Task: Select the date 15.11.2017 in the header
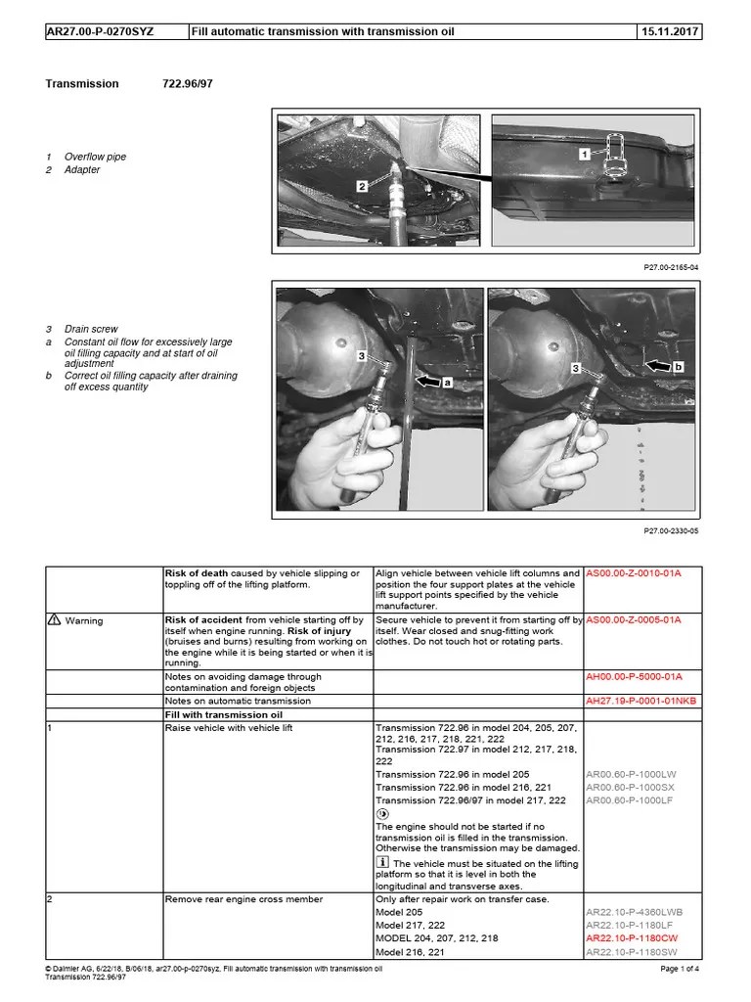tap(670, 32)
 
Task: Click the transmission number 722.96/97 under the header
tap(187, 84)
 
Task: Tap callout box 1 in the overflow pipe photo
tap(583, 154)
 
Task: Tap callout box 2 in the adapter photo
tap(362, 184)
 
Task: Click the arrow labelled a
tap(433, 384)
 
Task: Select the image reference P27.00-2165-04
tap(672, 266)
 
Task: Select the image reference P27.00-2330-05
tap(672, 530)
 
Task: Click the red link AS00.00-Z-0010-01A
tap(633, 573)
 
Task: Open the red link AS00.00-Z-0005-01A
tap(633, 620)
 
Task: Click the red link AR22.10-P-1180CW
tap(633, 937)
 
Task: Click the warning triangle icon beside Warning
tap(54, 620)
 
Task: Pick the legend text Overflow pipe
tap(95, 157)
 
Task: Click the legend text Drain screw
tap(91, 330)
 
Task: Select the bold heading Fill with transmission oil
tap(223, 714)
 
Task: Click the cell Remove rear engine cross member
tap(243, 899)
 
